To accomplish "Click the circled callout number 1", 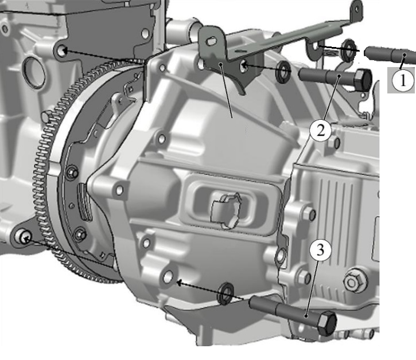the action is coord(403,80).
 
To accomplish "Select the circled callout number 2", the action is coord(321,131).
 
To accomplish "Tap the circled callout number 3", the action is coord(321,249).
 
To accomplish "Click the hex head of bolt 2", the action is coord(363,80).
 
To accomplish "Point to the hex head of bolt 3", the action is coord(327,323).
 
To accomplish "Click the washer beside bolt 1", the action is coord(348,50).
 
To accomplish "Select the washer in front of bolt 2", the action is coord(283,72).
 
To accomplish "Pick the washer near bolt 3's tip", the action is coord(226,294).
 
